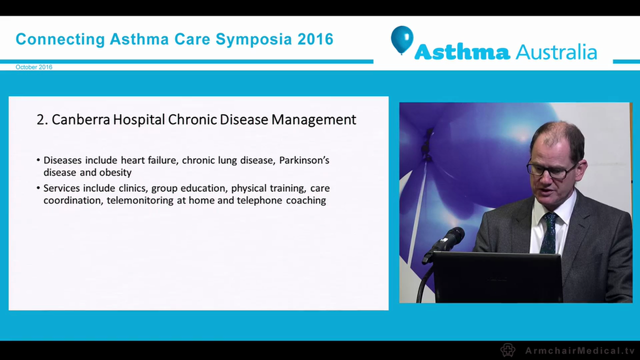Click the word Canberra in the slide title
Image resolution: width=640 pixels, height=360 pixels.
tap(80, 120)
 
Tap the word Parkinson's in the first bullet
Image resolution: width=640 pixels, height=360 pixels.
tap(304, 160)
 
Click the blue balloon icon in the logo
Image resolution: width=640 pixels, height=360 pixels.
tap(401, 39)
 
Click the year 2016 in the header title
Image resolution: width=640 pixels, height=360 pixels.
tap(315, 39)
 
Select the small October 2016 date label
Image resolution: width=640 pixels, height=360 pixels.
tap(34, 67)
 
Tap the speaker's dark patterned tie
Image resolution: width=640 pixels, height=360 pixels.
tap(549, 232)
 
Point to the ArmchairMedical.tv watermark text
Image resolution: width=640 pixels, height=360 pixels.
tap(579, 350)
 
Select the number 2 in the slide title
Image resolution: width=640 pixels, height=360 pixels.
tap(40, 120)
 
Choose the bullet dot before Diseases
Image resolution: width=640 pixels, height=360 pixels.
tap(38, 160)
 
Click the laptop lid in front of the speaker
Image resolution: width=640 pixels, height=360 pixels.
tap(497, 277)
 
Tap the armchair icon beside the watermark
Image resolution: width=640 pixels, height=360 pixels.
tap(508, 350)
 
